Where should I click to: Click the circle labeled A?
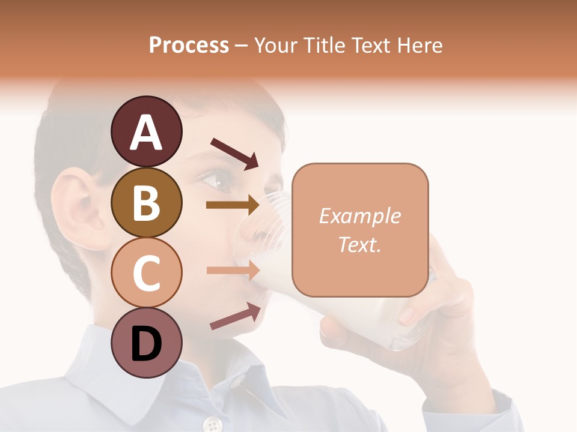147,131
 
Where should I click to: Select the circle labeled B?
147,202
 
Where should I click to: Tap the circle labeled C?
147,273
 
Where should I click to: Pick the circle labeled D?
147,343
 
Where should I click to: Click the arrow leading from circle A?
234,153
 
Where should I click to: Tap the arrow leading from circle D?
235,316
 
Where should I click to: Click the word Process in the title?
189,45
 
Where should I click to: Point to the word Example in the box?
359,216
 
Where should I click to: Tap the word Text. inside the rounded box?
359,244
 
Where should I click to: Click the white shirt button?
211,425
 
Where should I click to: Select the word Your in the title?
276,45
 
